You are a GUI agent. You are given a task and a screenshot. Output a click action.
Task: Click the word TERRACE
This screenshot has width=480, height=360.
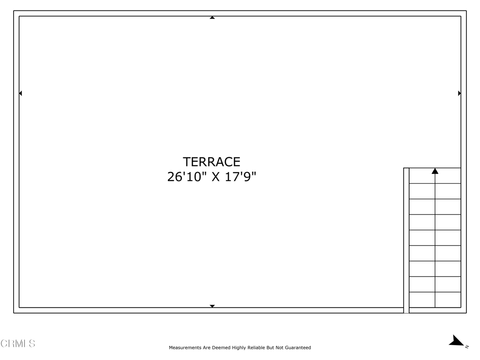(211, 162)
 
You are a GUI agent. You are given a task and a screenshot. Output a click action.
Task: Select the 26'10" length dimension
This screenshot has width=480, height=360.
(187, 177)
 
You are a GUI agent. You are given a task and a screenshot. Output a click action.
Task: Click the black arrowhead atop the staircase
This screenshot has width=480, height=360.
(435, 171)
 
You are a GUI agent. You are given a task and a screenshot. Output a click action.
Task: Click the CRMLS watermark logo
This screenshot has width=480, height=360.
(18, 344)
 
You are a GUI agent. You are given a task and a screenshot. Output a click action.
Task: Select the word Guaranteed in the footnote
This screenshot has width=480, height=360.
(296, 348)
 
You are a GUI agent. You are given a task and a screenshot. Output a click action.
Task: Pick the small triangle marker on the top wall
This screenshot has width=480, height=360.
(212, 18)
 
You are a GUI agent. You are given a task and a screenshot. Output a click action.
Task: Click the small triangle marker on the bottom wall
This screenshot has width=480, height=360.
(212, 306)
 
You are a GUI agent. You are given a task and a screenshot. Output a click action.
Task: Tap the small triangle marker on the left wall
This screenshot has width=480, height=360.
(21, 93)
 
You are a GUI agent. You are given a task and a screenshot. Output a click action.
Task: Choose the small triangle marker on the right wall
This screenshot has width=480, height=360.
(459, 93)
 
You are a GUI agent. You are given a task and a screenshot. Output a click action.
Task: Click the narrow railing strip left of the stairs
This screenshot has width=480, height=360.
(406, 239)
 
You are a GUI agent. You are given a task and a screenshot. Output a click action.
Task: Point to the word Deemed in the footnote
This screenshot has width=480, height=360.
(221, 348)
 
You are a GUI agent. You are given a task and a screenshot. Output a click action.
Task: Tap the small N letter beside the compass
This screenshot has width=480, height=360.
(467, 347)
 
